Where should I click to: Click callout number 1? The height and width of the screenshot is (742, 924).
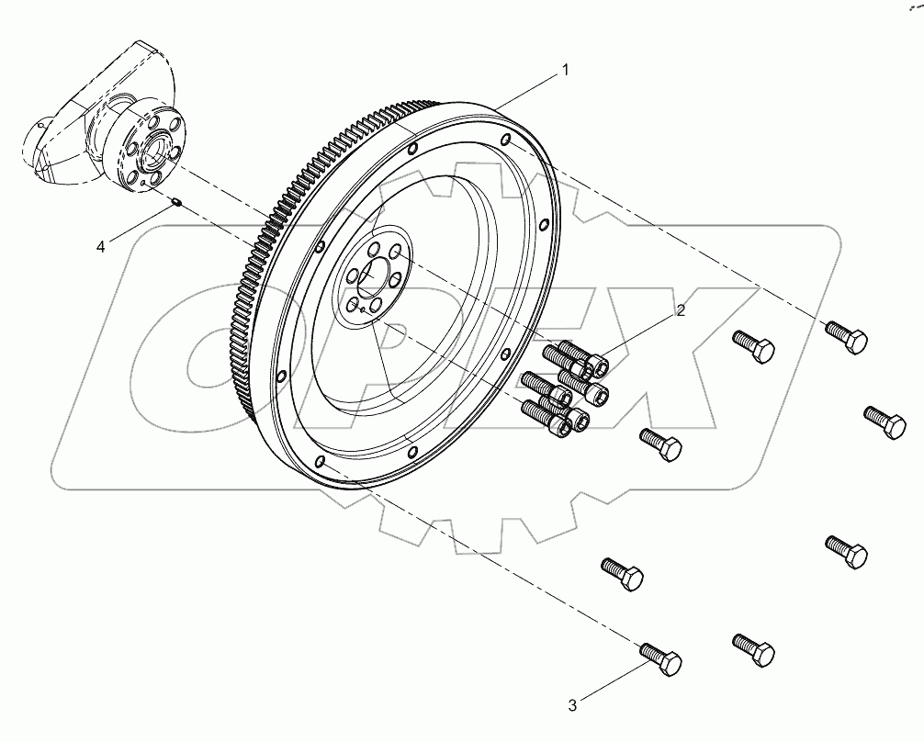click(x=566, y=69)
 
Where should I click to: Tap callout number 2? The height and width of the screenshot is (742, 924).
click(x=681, y=310)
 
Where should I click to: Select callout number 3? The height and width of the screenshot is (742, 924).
click(x=572, y=705)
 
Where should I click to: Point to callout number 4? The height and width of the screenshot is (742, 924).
click(x=102, y=246)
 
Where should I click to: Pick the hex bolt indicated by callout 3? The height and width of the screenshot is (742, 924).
click(x=660, y=658)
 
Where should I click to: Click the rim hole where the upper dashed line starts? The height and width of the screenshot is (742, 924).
click(x=506, y=140)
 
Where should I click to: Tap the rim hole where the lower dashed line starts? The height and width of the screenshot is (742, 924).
click(x=318, y=461)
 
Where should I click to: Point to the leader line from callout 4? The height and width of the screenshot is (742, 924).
click(x=138, y=225)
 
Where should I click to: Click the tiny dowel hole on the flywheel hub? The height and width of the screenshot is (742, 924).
click(x=363, y=310)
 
